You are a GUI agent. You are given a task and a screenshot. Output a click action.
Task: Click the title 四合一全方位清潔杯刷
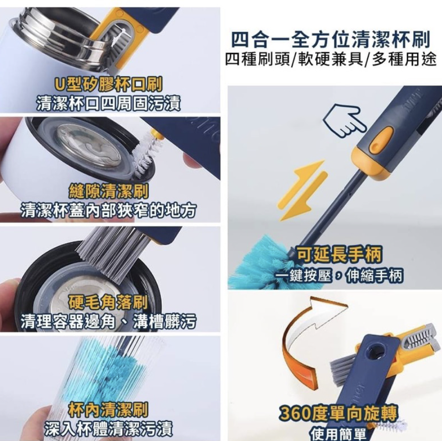coord(330,39)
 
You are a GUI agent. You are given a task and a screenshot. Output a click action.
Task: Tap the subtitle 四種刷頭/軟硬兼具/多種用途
coord(330,59)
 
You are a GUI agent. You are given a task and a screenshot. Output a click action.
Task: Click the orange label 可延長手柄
coord(338,255)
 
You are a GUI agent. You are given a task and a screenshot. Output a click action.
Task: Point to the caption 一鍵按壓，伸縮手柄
coord(339,275)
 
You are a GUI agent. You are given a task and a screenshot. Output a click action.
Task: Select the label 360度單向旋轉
coord(338,413)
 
